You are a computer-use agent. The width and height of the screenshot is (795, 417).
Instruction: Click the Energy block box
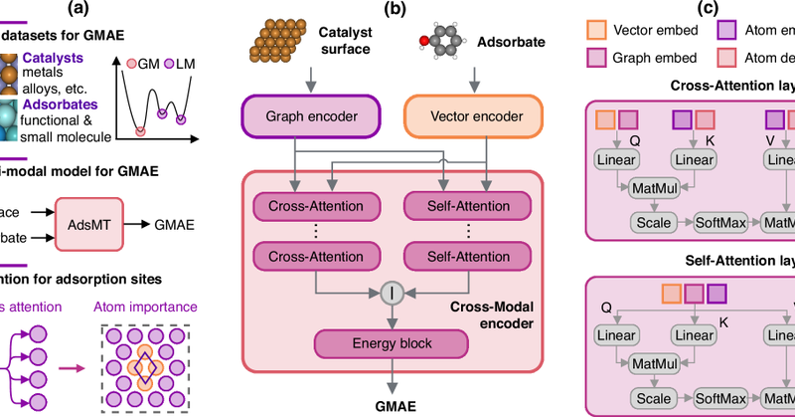point(392,343)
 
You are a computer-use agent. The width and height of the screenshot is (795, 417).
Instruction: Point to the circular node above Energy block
point(391,295)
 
